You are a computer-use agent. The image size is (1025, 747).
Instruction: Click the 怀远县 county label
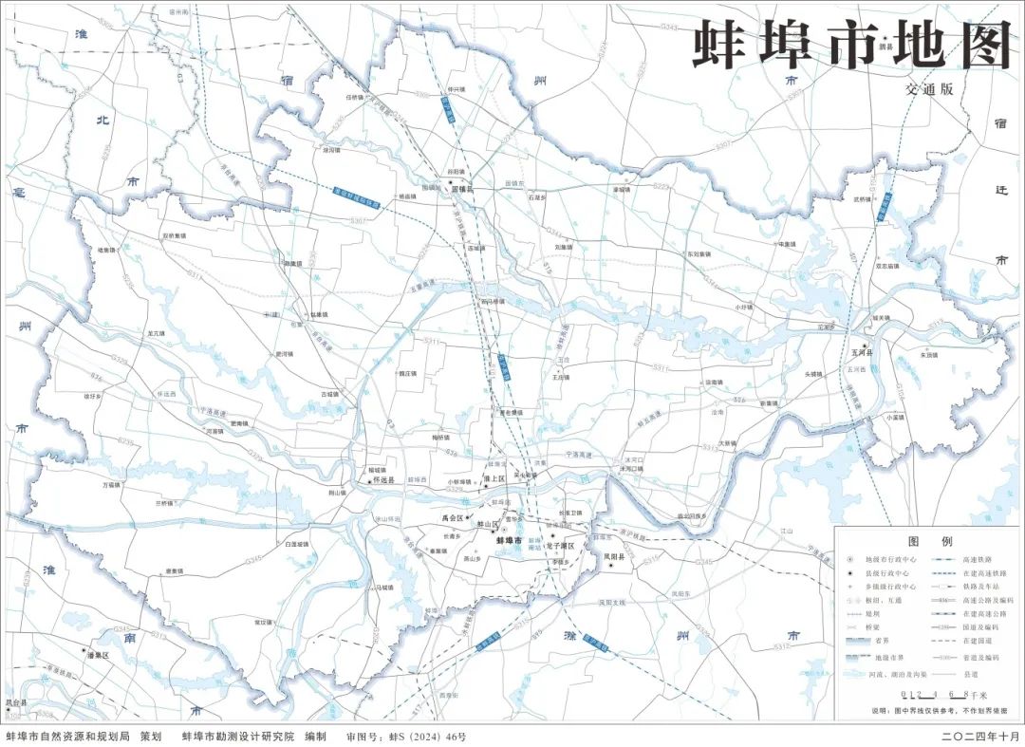(384, 481)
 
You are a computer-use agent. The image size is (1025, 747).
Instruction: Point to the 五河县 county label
(864, 352)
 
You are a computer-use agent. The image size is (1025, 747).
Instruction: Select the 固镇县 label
(462, 190)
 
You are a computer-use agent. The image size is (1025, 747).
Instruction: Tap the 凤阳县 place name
(615, 558)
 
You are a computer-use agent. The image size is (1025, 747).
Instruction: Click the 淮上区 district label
(497, 480)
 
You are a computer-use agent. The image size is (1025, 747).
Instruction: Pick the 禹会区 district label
(453, 518)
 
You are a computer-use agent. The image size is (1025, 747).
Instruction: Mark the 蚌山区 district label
(488, 524)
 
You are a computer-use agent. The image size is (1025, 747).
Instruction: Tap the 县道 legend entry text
(970, 674)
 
